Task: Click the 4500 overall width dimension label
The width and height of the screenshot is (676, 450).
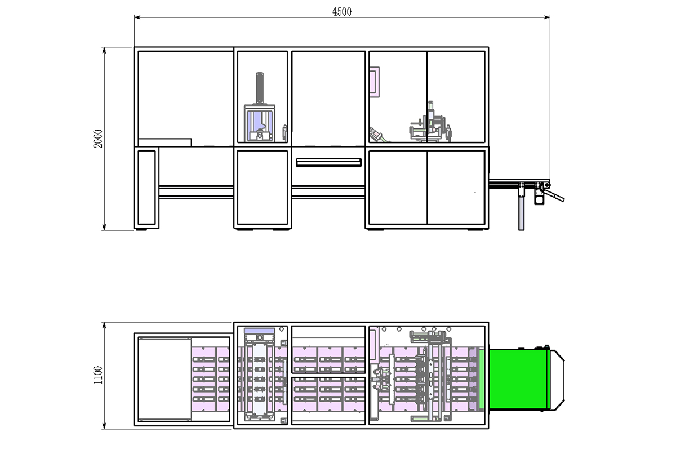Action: (x=342, y=12)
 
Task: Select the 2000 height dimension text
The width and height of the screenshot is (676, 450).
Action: (x=98, y=139)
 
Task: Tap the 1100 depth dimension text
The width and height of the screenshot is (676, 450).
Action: (x=98, y=375)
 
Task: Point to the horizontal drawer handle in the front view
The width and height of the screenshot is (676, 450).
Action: (x=328, y=162)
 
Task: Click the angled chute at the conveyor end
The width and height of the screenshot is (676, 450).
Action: (x=557, y=196)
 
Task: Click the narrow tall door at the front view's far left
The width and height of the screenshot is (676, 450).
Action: (x=146, y=187)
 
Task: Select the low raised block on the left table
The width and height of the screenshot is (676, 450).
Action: (x=165, y=141)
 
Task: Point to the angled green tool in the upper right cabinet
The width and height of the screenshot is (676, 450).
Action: (x=377, y=136)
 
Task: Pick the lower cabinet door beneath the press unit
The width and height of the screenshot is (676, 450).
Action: (x=263, y=187)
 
